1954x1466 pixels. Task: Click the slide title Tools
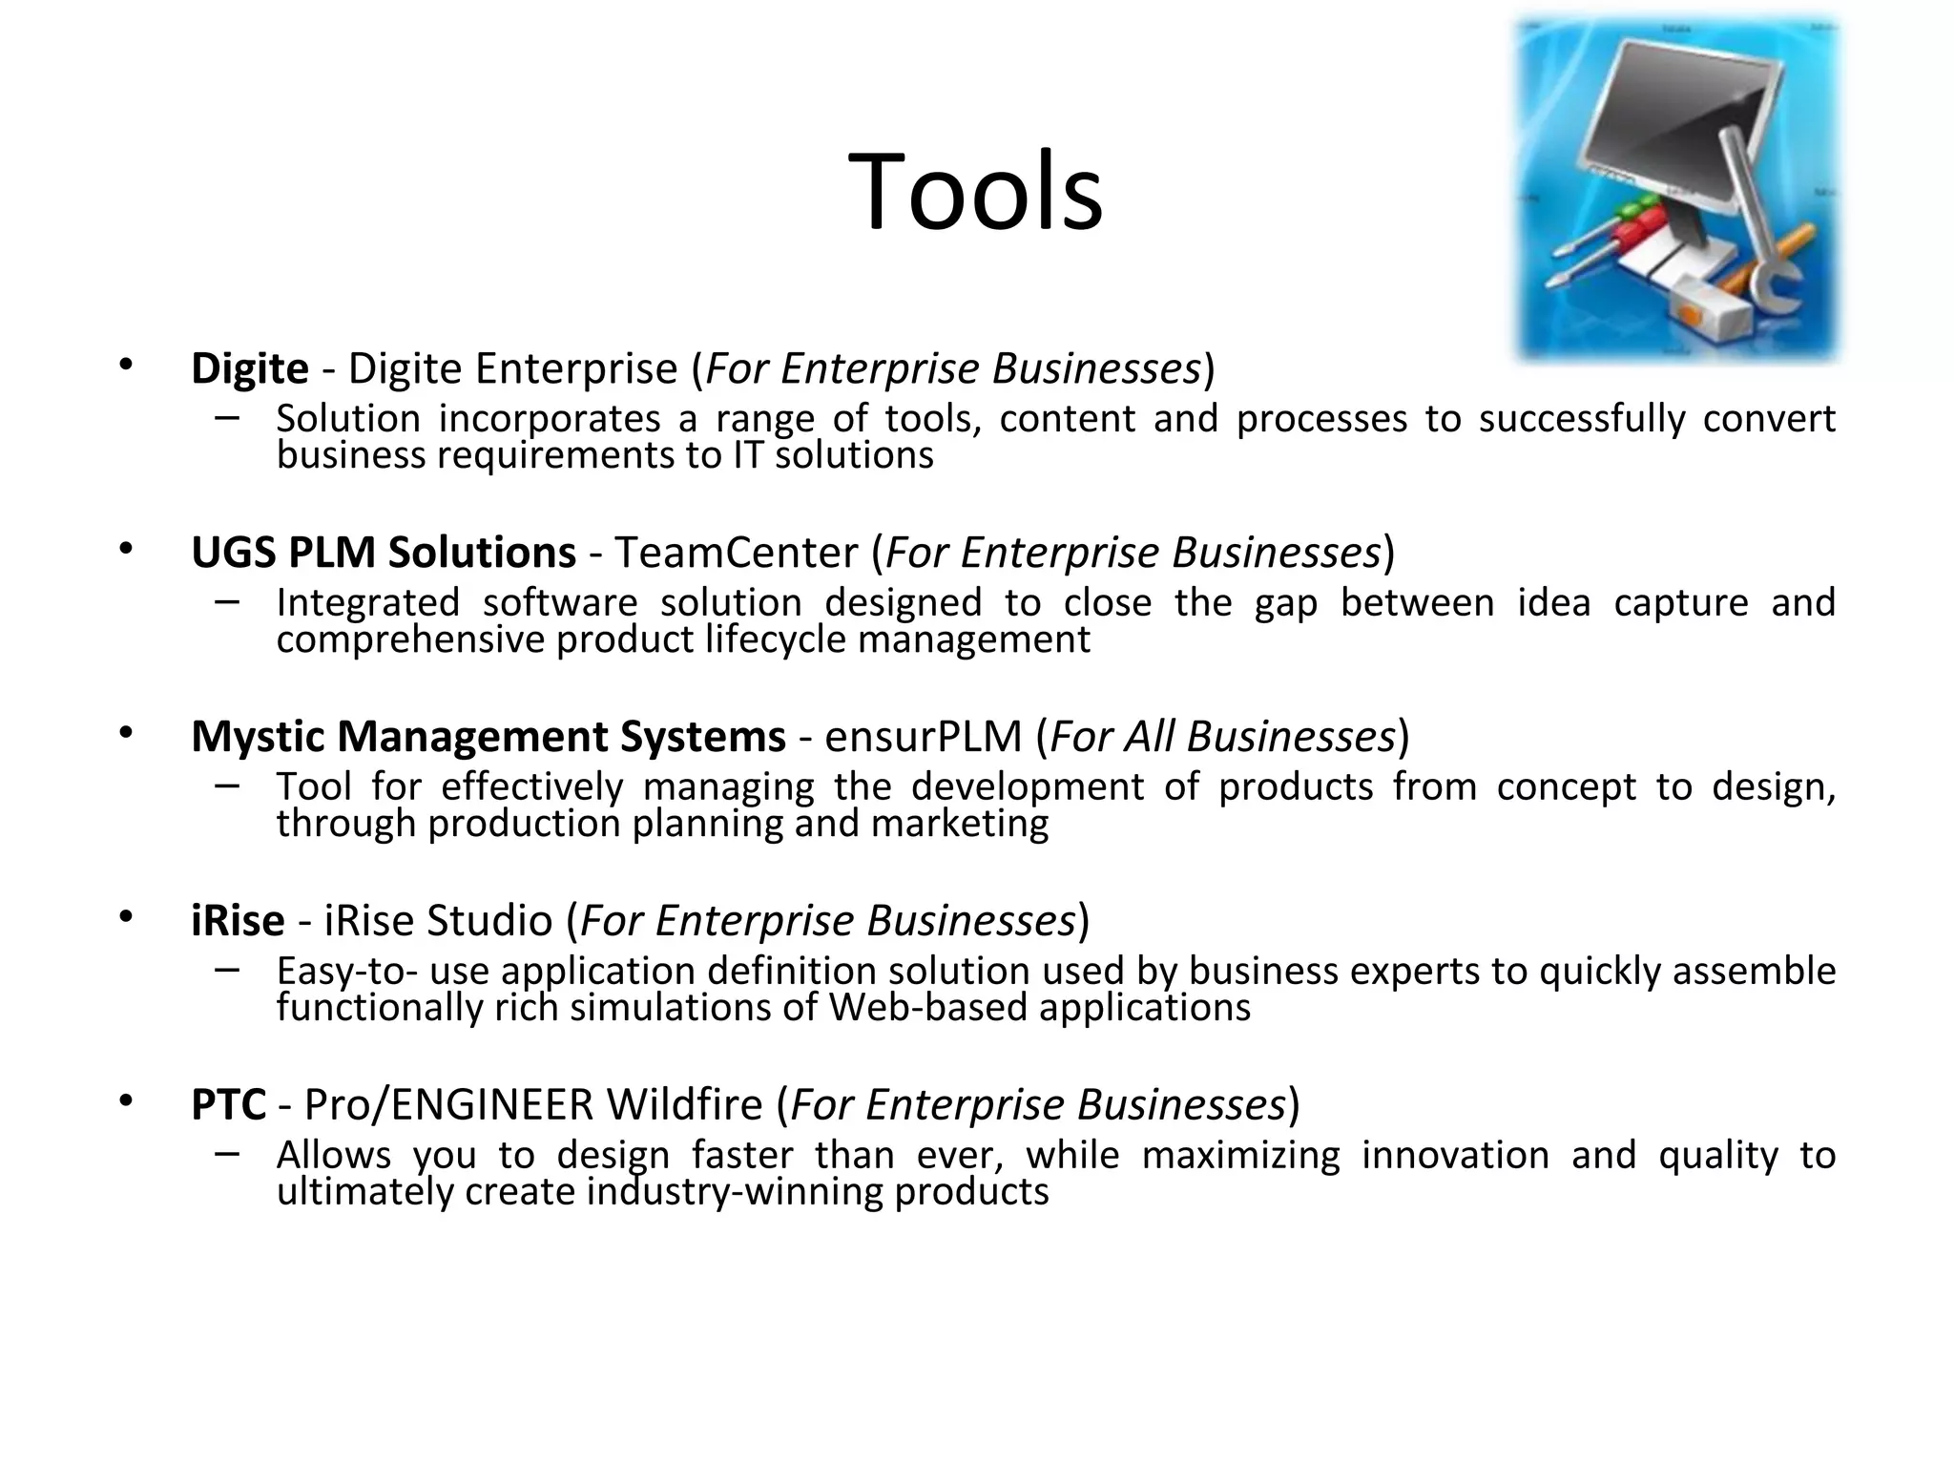click(x=975, y=192)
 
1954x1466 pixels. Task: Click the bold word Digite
click(x=250, y=368)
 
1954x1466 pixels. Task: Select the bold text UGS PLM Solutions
click(x=384, y=553)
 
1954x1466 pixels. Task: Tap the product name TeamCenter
click(x=737, y=553)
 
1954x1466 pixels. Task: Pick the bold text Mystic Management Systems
click(x=488, y=737)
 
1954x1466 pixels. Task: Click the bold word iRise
click(x=238, y=921)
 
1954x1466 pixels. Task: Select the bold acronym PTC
click(x=229, y=1105)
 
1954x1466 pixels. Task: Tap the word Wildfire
click(x=684, y=1105)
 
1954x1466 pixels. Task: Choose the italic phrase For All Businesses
click(x=1223, y=737)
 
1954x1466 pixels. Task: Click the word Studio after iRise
click(x=489, y=921)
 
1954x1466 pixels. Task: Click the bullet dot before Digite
click(x=126, y=364)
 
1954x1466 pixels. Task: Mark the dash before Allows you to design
click(x=227, y=1153)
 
